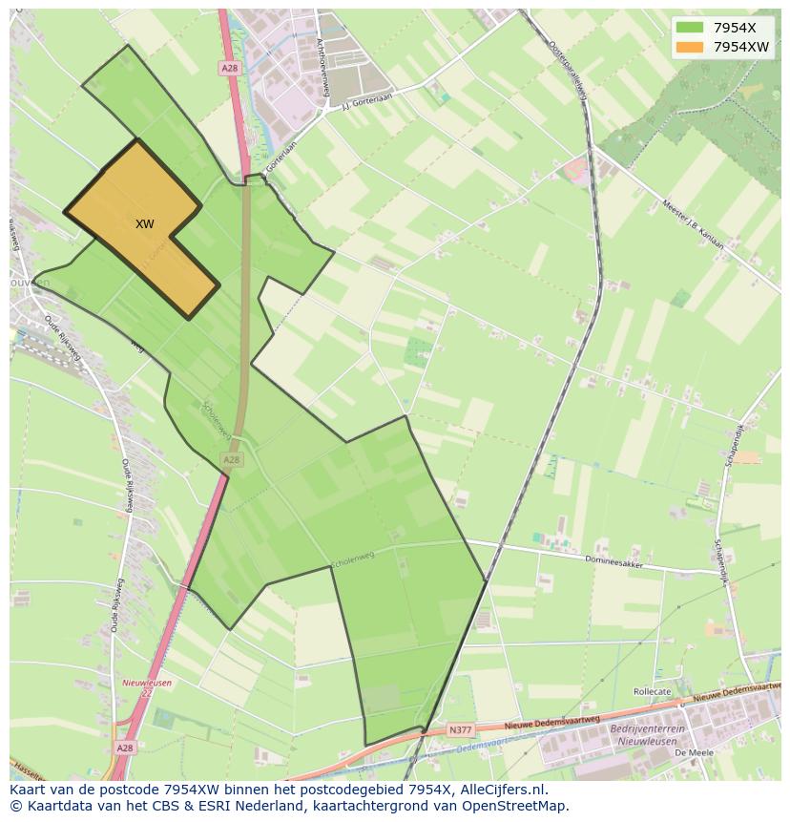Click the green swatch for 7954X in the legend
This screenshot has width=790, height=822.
pyautogui.click(x=689, y=28)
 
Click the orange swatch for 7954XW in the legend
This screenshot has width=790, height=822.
pyautogui.click(x=689, y=47)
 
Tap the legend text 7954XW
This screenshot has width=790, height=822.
pyautogui.click(x=740, y=47)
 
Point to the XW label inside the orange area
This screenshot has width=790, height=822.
pyautogui.click(x=144, y=224)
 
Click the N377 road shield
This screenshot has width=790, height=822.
pyautogui.click(x=460, y=730)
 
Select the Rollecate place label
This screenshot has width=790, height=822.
pyautogui.click(x=652, y=691)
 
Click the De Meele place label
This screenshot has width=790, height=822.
pyautogui.click(x=688, y=753)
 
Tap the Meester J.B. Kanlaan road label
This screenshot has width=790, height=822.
pyautogui.click(x=692, y=225)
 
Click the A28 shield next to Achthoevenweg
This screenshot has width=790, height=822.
pyautogui.click(x=229, y=69)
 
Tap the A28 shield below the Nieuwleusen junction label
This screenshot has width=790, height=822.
pyautogui.click(x=125, y=749)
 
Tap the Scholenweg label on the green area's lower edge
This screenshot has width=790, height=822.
pyautogui.click(x=353, y=558)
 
